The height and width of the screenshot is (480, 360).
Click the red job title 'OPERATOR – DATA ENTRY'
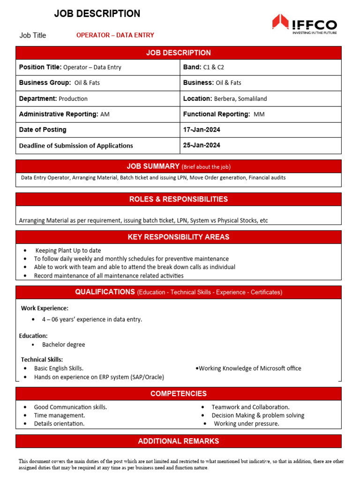[115, 35]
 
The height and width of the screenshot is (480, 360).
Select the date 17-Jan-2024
[202, 129]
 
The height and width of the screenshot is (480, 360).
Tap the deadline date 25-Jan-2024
[202, 145]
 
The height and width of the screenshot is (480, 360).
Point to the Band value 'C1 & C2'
[214, 67]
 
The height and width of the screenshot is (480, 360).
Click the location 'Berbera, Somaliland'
[240, 99]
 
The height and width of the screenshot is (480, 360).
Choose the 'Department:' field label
[37, 98]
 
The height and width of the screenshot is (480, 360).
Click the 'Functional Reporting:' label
[216, 114]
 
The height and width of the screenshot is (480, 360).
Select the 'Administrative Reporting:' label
[59, 114]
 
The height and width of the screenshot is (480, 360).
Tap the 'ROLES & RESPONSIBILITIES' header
[179, 199]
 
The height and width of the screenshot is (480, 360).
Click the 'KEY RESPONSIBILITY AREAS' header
[179, 237]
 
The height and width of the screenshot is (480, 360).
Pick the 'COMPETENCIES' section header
[179, 394]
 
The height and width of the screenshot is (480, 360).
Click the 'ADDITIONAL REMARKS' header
[179, 441]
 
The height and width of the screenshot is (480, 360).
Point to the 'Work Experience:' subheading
[45, 308]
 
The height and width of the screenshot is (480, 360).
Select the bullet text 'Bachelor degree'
[64, 345]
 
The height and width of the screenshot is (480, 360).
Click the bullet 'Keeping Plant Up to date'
[68, 251]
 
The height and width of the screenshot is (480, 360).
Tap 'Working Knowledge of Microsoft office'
[250, 368]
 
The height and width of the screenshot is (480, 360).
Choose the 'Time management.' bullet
[60, 415]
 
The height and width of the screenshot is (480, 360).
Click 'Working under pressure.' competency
[246, 424]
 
